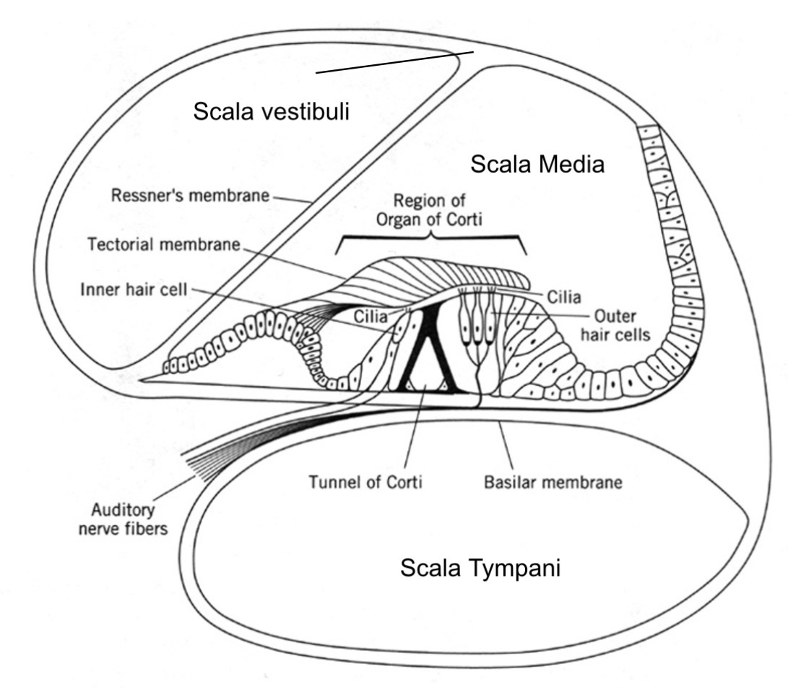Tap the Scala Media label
point(537,165)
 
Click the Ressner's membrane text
point(190,196)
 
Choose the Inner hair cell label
point(135,290)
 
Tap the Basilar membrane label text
point(553,482)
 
